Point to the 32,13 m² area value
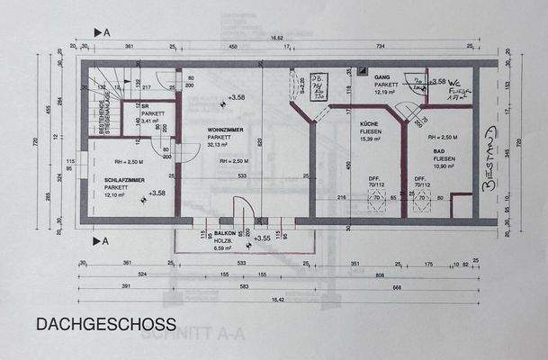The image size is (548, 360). point(220,144)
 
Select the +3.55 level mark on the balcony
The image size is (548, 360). point(262,238)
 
